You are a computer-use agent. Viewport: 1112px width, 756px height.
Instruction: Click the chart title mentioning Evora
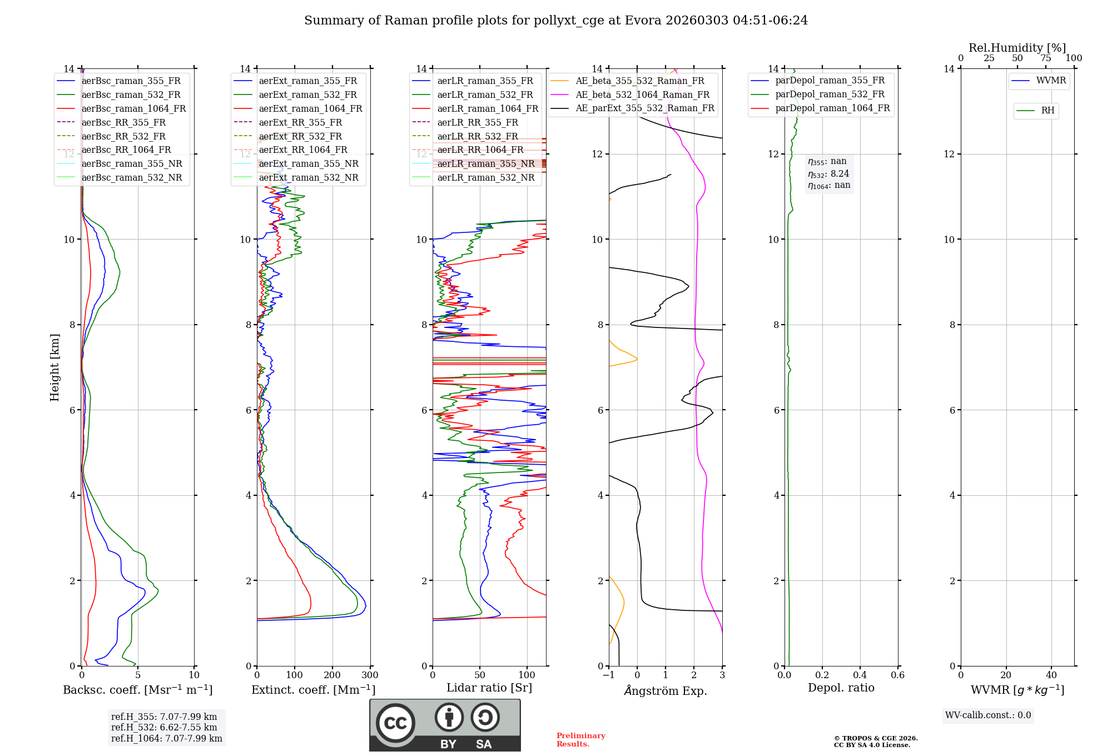[555, 21]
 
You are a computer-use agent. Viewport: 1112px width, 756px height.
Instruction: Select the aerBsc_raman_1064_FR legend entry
[133, 108]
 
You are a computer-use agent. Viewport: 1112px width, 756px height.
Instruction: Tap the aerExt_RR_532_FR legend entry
[300, 136]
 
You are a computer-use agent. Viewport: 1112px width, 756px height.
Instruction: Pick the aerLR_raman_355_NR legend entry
[485, 163]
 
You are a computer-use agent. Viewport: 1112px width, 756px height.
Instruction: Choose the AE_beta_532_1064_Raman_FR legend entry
[642, 94]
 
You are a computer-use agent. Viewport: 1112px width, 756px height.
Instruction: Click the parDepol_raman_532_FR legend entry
[830, 94]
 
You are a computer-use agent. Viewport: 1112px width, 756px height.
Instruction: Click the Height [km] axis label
[54, 367]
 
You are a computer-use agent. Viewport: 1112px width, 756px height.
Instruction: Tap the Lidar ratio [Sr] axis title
[489, 688]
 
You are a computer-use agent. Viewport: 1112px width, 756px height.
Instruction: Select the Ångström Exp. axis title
[665, 691]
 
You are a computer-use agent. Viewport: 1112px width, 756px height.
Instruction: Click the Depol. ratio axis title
[841, 688]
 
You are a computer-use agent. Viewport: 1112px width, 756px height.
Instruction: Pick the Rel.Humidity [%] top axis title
[1017, 48]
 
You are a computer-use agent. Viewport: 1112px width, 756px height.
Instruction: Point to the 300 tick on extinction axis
[370, 675]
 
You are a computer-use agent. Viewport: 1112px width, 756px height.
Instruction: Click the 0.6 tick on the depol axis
[897, 675]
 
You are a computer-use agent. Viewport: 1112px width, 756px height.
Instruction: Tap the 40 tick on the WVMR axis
[1051, 675]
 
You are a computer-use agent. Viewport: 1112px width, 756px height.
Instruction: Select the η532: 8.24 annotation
[828, 173]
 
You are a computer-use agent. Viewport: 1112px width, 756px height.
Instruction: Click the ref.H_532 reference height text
[164, 727]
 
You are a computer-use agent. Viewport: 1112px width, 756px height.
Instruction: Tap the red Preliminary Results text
[580, 740]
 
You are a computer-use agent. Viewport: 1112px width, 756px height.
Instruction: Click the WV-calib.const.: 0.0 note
[988, 715]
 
